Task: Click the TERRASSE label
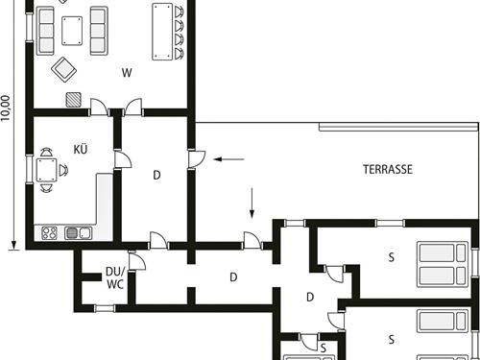(x=388, y=169)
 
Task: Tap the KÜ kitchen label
(x=81, y=149)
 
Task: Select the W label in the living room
(x=127, y=73)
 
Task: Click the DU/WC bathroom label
(x=115, y=278)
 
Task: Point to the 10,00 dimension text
(x=6, y=108)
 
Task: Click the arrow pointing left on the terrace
(x=229, y=159)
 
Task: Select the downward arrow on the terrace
(x=252, y=204)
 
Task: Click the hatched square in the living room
(x=74, y=100)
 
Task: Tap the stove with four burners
(x=50, y=233)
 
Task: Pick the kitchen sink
(x=78, y=233)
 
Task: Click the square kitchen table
(x=46, y=170)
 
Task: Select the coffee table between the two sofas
(x=72, y=31)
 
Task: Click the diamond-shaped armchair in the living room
(x=64, y=69)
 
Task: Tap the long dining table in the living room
(x=162, y=32)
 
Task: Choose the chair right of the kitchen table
(x=63, y=170)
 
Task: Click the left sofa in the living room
(x=45, y=31)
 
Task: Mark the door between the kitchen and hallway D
(x=122, y=159)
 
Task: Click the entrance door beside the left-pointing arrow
(x=196, y=159)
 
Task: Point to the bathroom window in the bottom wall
(x=105, y=308)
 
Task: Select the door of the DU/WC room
(x=136, y=261)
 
